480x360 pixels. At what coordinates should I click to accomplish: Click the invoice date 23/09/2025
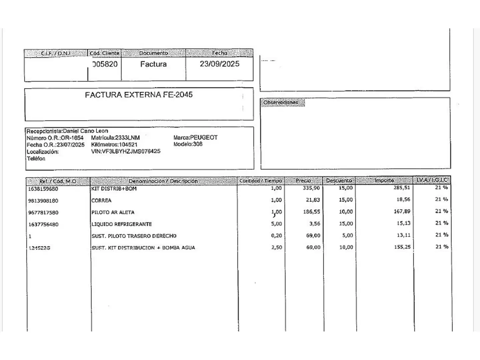point(219,64)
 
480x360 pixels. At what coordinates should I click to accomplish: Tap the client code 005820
point(105,64)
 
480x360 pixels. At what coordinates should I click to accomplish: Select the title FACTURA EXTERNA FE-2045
point(139,95)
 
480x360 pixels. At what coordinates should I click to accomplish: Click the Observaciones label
point(281,103)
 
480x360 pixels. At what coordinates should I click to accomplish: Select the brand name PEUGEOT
point(204,137)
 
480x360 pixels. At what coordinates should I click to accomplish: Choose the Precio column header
point(303,181)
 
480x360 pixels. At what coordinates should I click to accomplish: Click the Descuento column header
point(339,181)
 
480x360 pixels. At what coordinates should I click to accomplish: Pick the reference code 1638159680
point(43,189)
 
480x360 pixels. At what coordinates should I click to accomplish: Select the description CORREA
point(101,201)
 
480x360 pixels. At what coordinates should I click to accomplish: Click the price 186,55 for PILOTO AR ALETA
point(311,212)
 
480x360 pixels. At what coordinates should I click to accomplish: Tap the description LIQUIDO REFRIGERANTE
point(122,224)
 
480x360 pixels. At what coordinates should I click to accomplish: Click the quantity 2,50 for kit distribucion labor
point(276,248)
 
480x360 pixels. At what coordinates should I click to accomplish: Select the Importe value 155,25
point(402,247)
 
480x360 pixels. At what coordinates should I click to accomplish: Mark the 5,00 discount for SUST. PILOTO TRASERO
point(347,235)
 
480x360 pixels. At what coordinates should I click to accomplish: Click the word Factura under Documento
point(153,64)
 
